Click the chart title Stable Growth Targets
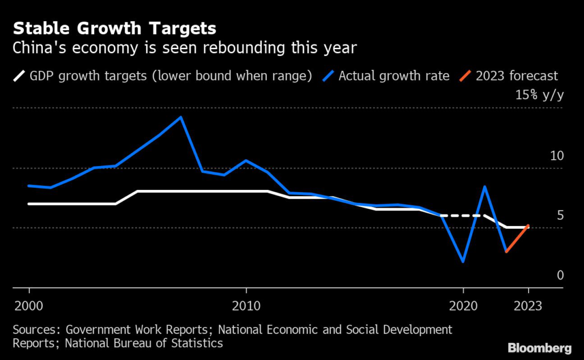115,29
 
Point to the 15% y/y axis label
539,95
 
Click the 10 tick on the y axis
557,156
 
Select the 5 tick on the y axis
559,215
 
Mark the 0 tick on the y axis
559,276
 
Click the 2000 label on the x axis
28,306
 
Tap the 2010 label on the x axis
246,306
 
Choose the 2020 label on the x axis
463,306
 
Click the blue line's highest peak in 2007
181,118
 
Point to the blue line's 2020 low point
463,261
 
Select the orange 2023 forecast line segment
517,238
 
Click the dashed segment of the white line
463,216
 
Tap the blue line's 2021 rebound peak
485,187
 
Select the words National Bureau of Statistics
144,343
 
